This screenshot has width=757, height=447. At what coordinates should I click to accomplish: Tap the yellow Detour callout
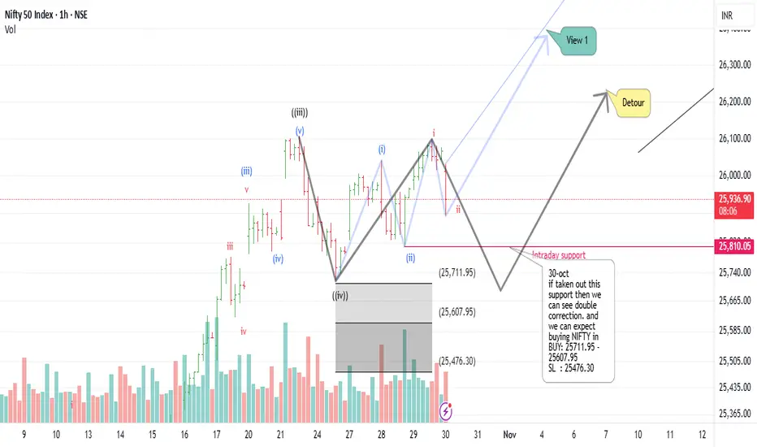tap(634, 103)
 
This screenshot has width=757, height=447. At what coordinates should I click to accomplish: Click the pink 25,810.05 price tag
tap(734, 245)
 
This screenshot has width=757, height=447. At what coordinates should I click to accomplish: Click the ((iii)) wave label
tap(300, 113)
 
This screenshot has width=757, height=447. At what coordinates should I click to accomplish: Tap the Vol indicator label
tap(11, 29)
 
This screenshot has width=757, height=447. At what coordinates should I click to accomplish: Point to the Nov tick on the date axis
tap(508, 435)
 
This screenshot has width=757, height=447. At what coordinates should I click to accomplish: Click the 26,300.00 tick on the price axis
tap(734, 63)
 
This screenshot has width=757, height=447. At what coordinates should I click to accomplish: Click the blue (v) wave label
tap(300, 131)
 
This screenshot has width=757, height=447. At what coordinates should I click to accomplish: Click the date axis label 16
tap(185, 435)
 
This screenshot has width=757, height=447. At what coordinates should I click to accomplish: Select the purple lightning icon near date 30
tap(445, 412)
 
